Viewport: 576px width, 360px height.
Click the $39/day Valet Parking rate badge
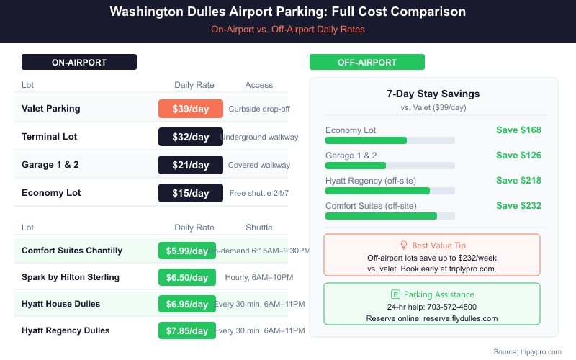pos(190,109)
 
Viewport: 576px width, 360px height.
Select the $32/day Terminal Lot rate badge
pos(190,137)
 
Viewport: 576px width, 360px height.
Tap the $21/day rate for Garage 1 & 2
pos(190,165)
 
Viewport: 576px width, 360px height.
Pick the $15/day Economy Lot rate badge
pos(190,193)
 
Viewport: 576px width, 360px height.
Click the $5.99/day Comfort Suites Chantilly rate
pos(186,251)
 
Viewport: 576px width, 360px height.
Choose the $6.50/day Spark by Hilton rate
pos(186,277)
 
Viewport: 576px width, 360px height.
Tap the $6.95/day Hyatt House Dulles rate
pos(186,304)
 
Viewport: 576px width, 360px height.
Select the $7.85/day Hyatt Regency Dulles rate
pos(186,330)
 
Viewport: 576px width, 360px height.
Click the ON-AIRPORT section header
pos(79,63)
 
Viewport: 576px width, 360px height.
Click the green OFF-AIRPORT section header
pos(367,63)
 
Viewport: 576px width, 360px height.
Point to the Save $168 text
pos(518,130)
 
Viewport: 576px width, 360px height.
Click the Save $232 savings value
pos(518,206)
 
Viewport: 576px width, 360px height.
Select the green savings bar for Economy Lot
pos(366,140)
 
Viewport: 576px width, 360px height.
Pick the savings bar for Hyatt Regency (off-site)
pos(377,191)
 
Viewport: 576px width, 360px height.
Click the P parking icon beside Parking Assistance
pos(395,294)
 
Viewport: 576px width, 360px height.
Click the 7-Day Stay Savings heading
pos(433,94)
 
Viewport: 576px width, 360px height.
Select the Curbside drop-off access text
pos(258,109)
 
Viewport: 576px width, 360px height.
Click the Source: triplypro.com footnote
pos(526,351)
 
